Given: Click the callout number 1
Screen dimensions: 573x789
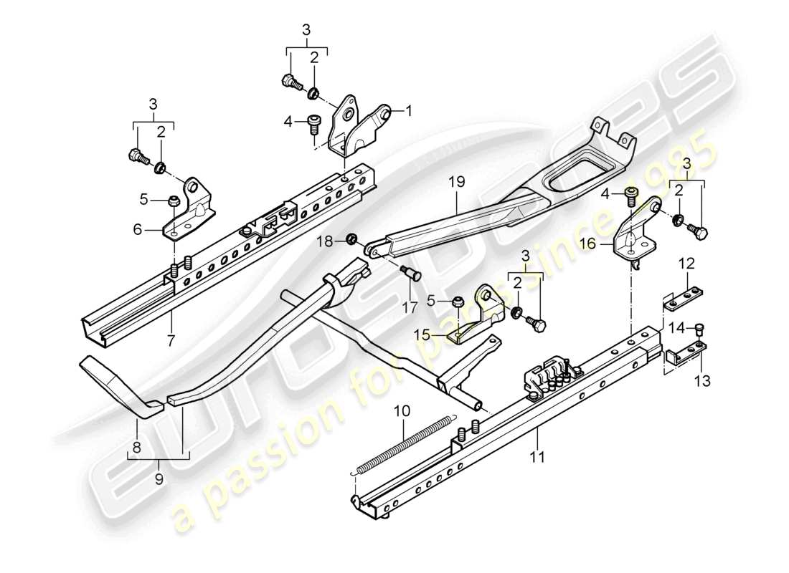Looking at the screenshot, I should click(x=410, y=111).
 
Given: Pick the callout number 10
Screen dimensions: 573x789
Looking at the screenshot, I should click(x=402, y=411).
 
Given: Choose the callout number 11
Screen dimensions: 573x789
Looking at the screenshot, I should click(x=539, y=456).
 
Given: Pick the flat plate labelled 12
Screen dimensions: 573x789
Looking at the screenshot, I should click(x=686, y=297).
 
